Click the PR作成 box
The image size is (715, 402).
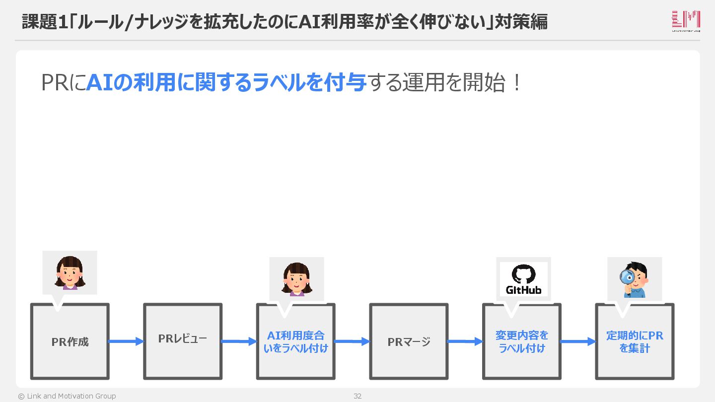(70, 342)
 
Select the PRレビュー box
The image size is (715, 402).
(183, 342)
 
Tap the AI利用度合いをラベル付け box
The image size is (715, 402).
(295, 342)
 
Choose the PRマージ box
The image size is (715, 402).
(409, 342)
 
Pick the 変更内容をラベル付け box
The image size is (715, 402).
(521, 342)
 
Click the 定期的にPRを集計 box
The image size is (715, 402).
(635, 342)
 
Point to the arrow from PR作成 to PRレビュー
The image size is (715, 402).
(126, 341)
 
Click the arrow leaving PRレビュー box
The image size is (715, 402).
(239, 341)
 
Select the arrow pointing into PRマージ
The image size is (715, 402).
(352, 341)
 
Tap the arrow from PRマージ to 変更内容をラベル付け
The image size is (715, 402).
(465, 341)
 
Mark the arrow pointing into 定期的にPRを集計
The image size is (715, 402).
(578, 341)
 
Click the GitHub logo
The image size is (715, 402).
(523, 279)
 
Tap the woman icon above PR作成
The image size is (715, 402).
(70, 272)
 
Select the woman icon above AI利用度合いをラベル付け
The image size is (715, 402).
(296, 279)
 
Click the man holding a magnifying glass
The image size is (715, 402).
(635, 279)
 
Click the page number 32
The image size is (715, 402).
(357, 396)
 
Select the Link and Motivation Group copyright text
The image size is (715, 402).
(67, 396)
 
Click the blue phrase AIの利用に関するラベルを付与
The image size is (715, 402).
(226, 83)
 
